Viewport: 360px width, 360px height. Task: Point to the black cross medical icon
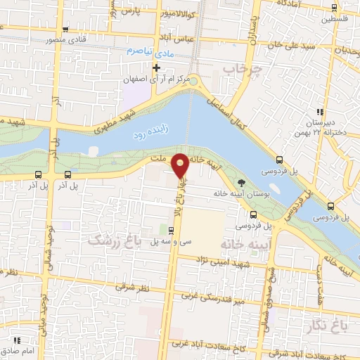[157, 68]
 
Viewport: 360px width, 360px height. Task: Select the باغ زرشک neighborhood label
[113, 240]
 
